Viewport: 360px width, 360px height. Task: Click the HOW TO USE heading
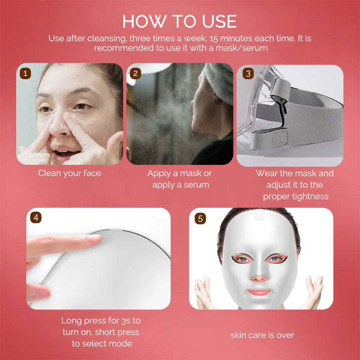179,21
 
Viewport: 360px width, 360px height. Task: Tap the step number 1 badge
24,73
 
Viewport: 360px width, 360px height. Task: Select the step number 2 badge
134,73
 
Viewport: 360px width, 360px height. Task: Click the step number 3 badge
247,73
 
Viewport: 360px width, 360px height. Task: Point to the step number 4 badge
35,218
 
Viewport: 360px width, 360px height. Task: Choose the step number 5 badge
200,218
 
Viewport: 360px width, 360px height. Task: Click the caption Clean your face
69,173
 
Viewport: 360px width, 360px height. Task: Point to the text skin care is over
262,335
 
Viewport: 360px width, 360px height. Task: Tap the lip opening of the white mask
259,292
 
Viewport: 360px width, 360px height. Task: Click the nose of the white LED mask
259,276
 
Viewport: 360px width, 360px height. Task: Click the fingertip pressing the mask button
93,238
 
